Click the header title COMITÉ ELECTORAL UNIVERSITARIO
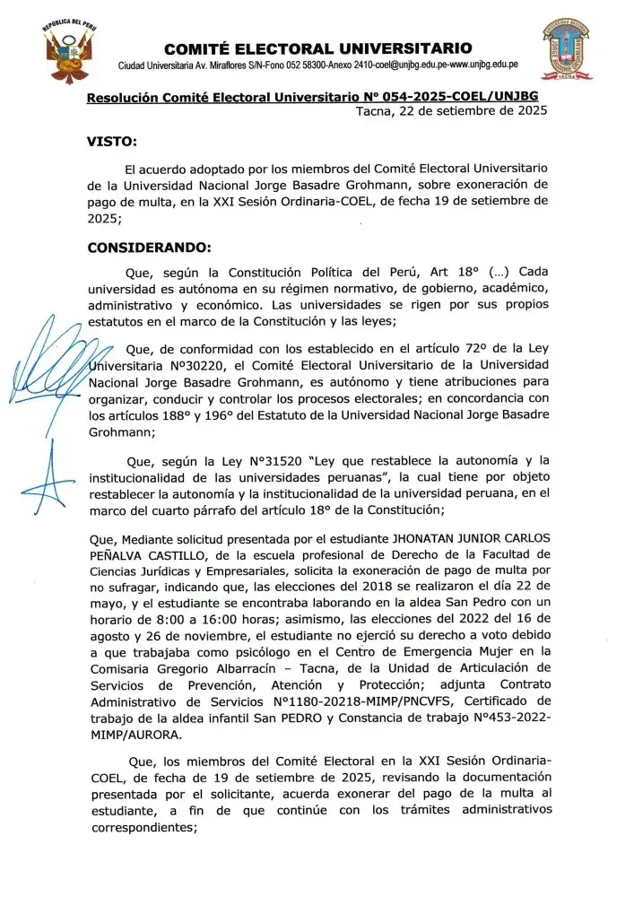pos(318,48)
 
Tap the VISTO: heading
pos(112,142)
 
